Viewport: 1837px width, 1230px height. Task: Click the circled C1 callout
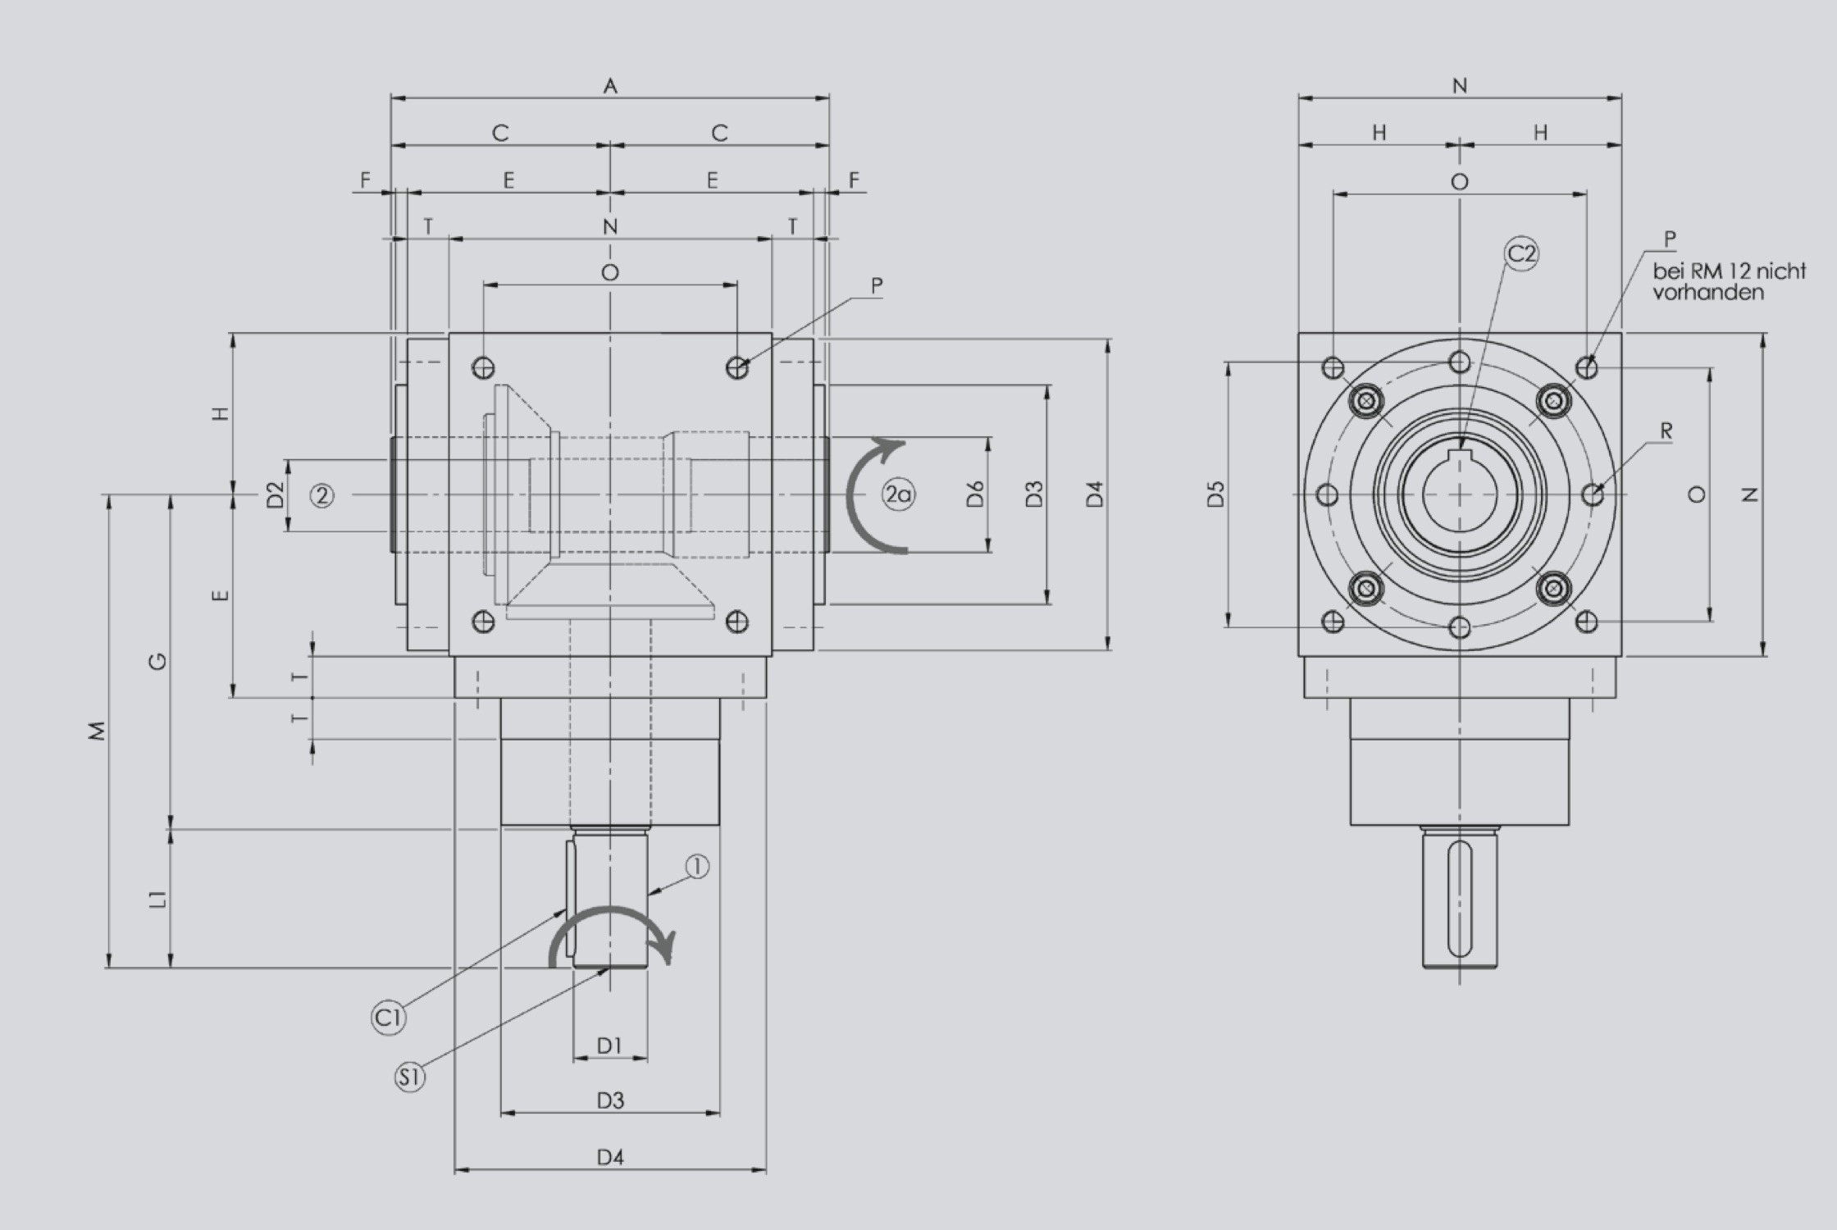click(x=389, y=1018)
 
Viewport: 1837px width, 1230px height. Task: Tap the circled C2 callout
click(x=1521, y=254)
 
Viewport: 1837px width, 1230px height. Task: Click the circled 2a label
click(x=898, y=494)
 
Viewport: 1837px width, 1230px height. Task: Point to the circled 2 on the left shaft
click(x=322, y=495)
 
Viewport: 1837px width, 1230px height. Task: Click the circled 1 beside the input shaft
click(x=696, y=867)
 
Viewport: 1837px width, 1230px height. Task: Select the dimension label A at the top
click(x=610, y=86)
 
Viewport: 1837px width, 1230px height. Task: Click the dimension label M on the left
click(x=98, y=731)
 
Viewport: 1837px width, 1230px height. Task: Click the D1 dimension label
click(x=609, y=1045)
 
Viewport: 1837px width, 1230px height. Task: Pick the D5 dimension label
click(x=1216, y=494)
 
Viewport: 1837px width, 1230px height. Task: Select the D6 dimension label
click(x=975, y=494)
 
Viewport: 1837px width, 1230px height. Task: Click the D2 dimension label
click(x=276, y=494)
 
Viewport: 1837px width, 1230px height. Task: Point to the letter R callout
click(x=1666, y=431)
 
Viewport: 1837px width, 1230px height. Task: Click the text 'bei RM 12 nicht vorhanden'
click(x=1729, y=281)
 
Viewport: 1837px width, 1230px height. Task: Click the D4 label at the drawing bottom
click(x=610, y=1158)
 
